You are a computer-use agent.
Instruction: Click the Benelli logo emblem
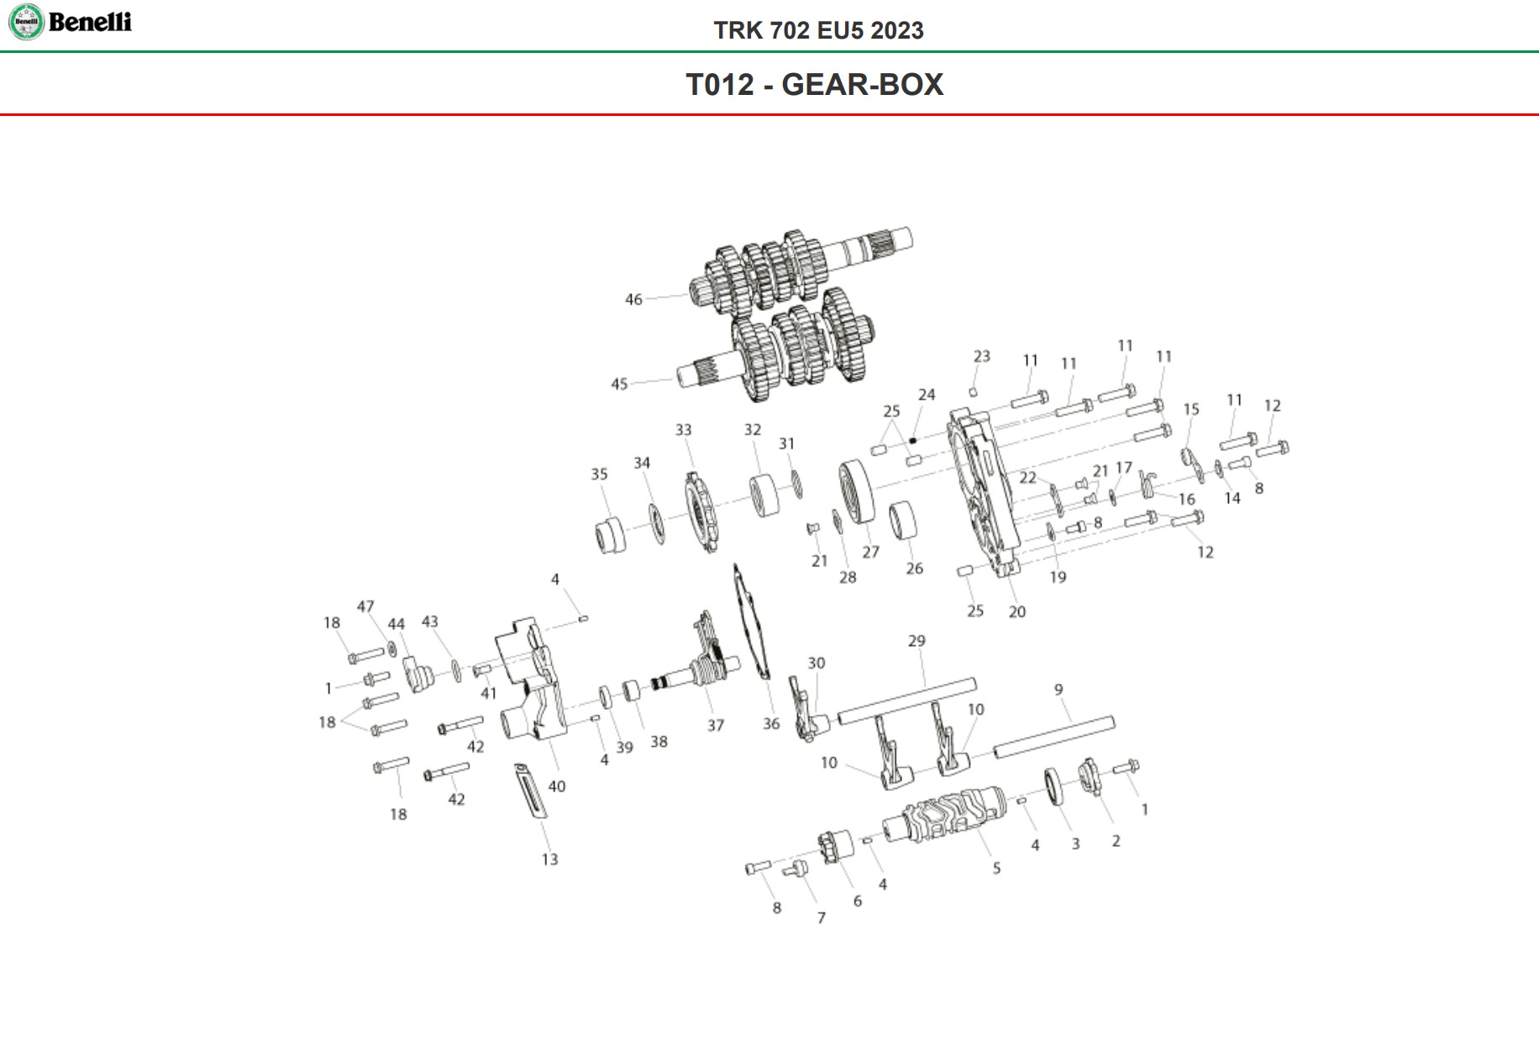pos(25,22)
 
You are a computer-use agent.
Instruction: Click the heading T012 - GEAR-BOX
pos(814,85)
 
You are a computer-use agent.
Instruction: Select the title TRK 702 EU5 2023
pos(818,30)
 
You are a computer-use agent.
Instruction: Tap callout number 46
pos(633,299)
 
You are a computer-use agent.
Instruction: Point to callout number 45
pos(619,384)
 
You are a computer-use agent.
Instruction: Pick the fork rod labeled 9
pos(1054,736)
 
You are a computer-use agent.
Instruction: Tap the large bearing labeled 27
pos(857,493)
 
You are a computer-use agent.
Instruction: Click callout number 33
pos(684,430)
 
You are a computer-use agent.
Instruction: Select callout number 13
pos(549,860)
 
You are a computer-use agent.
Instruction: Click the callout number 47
pos(365,607)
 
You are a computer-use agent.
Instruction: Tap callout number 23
pos(982,356)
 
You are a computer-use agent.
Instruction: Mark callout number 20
pos(1017,612)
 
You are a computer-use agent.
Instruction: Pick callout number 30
pos(817,663)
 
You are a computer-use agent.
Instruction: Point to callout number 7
pos(822,918)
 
